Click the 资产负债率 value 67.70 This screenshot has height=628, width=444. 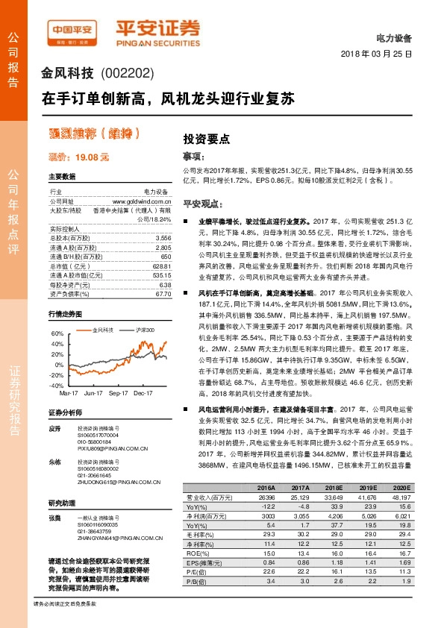click(x=163, y=274)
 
